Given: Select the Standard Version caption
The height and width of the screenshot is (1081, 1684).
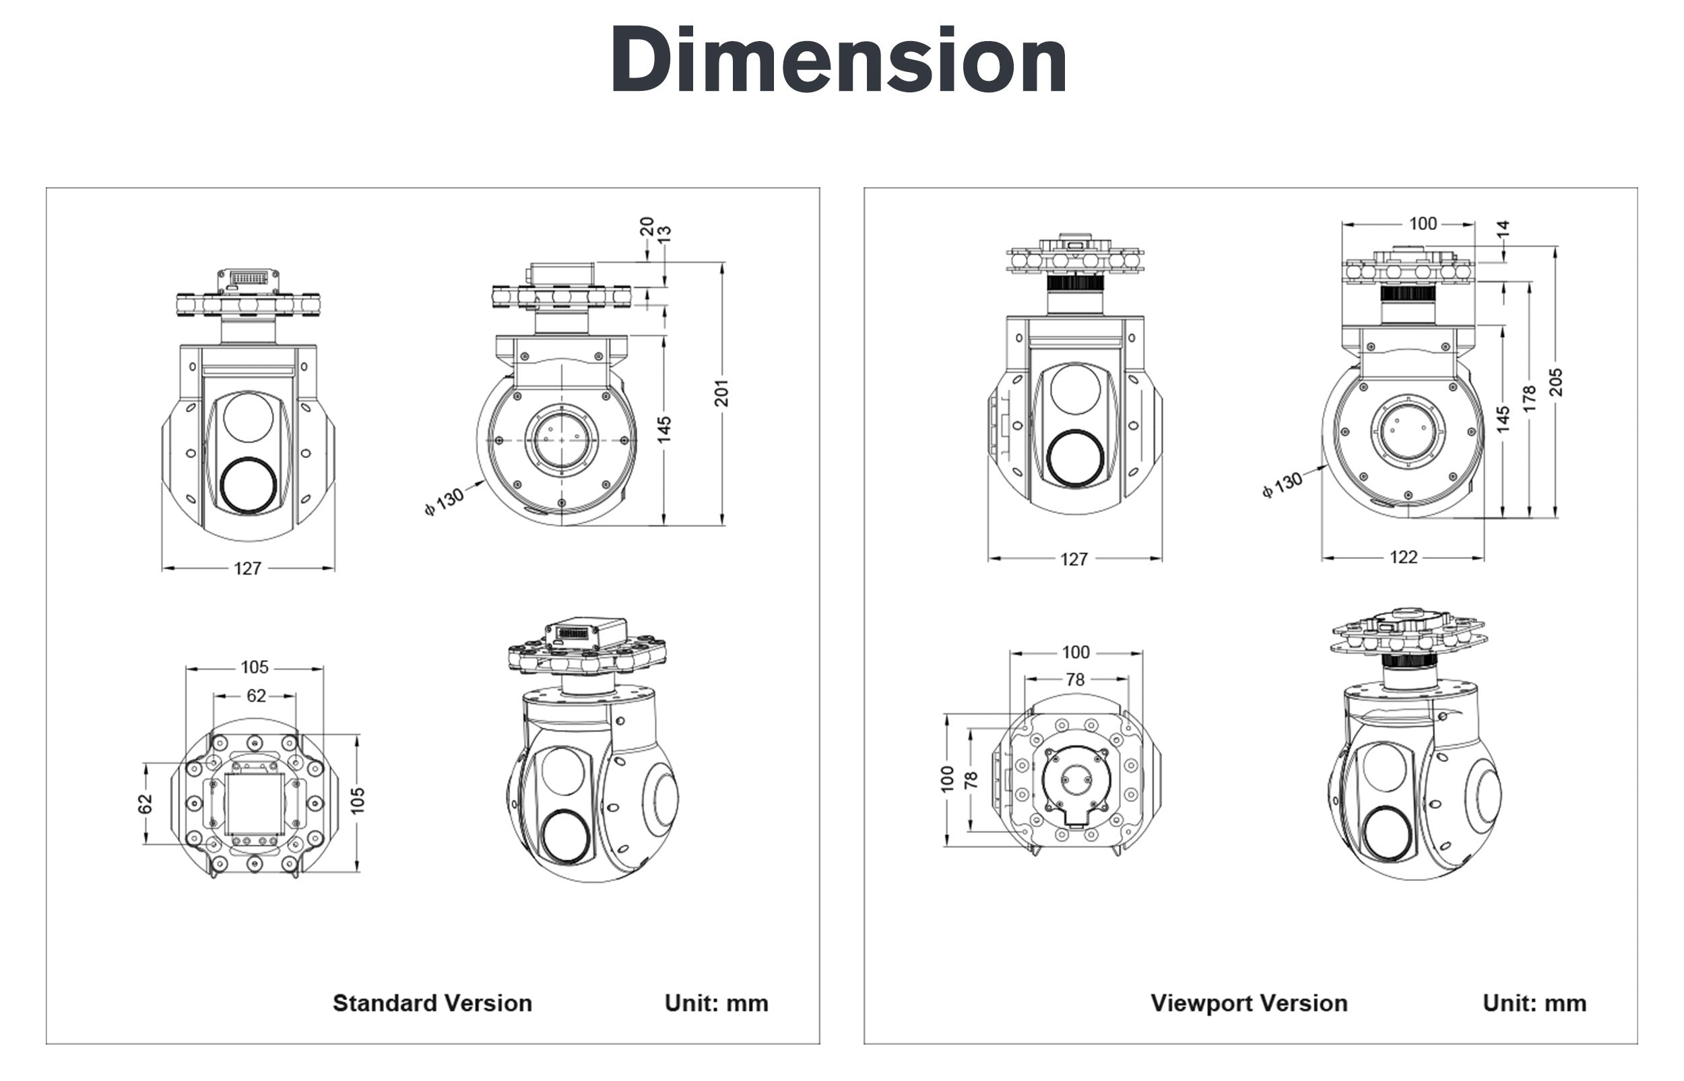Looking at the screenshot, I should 432,1003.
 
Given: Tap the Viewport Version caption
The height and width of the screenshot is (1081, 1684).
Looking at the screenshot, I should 1249,1003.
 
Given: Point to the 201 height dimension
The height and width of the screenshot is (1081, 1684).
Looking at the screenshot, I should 721,393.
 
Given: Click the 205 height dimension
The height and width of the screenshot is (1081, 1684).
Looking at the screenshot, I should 1555,383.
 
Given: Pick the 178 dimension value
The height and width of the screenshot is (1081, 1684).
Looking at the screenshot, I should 1530,399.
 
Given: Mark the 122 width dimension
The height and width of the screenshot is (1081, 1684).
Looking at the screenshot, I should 1403,558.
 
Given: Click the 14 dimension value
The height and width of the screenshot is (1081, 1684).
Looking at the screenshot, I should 1502,229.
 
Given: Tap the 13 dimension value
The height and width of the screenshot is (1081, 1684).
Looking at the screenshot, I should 664,234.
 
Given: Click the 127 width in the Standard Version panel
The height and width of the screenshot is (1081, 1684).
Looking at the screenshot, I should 247,568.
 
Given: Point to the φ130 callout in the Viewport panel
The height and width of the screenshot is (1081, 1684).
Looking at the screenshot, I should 1283,484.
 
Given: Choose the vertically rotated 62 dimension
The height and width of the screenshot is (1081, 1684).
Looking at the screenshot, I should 145,804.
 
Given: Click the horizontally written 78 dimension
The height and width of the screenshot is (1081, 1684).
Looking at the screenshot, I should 1074,680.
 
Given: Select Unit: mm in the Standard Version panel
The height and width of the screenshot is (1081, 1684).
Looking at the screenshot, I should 716,1003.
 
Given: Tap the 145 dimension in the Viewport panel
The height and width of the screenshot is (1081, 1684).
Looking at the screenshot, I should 1503,419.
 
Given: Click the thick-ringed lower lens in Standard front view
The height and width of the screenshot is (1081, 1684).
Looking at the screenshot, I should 249,486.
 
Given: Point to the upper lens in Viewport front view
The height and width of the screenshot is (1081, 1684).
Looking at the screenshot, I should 1074,389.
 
